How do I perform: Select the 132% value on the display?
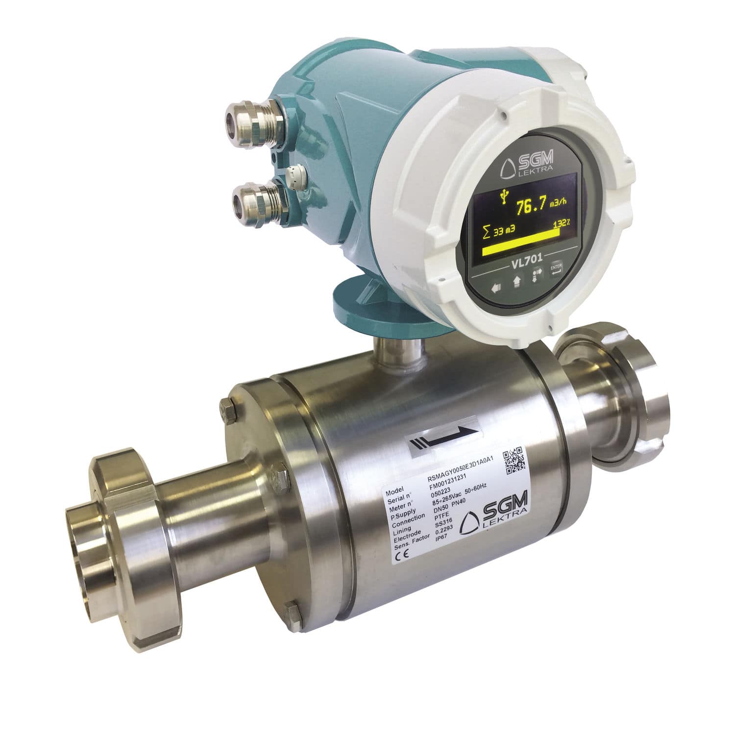[561, 223]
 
